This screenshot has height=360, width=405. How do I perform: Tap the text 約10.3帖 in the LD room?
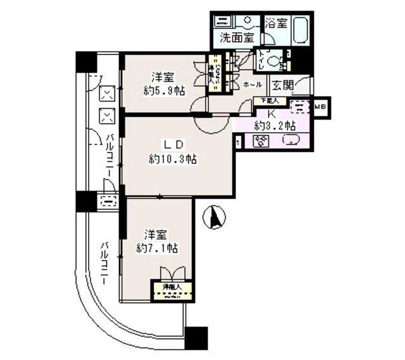(173, 159)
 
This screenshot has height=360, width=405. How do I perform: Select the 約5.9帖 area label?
(163, 90)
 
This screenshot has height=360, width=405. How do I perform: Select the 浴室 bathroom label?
(277, 23)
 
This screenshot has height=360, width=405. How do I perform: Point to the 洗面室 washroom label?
(237, 37)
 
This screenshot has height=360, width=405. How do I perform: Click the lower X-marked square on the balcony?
(108, 116)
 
